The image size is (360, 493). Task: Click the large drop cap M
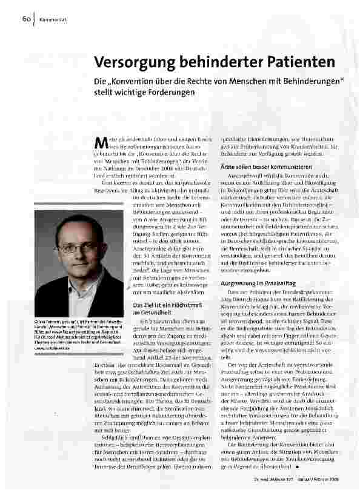(101, 142)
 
